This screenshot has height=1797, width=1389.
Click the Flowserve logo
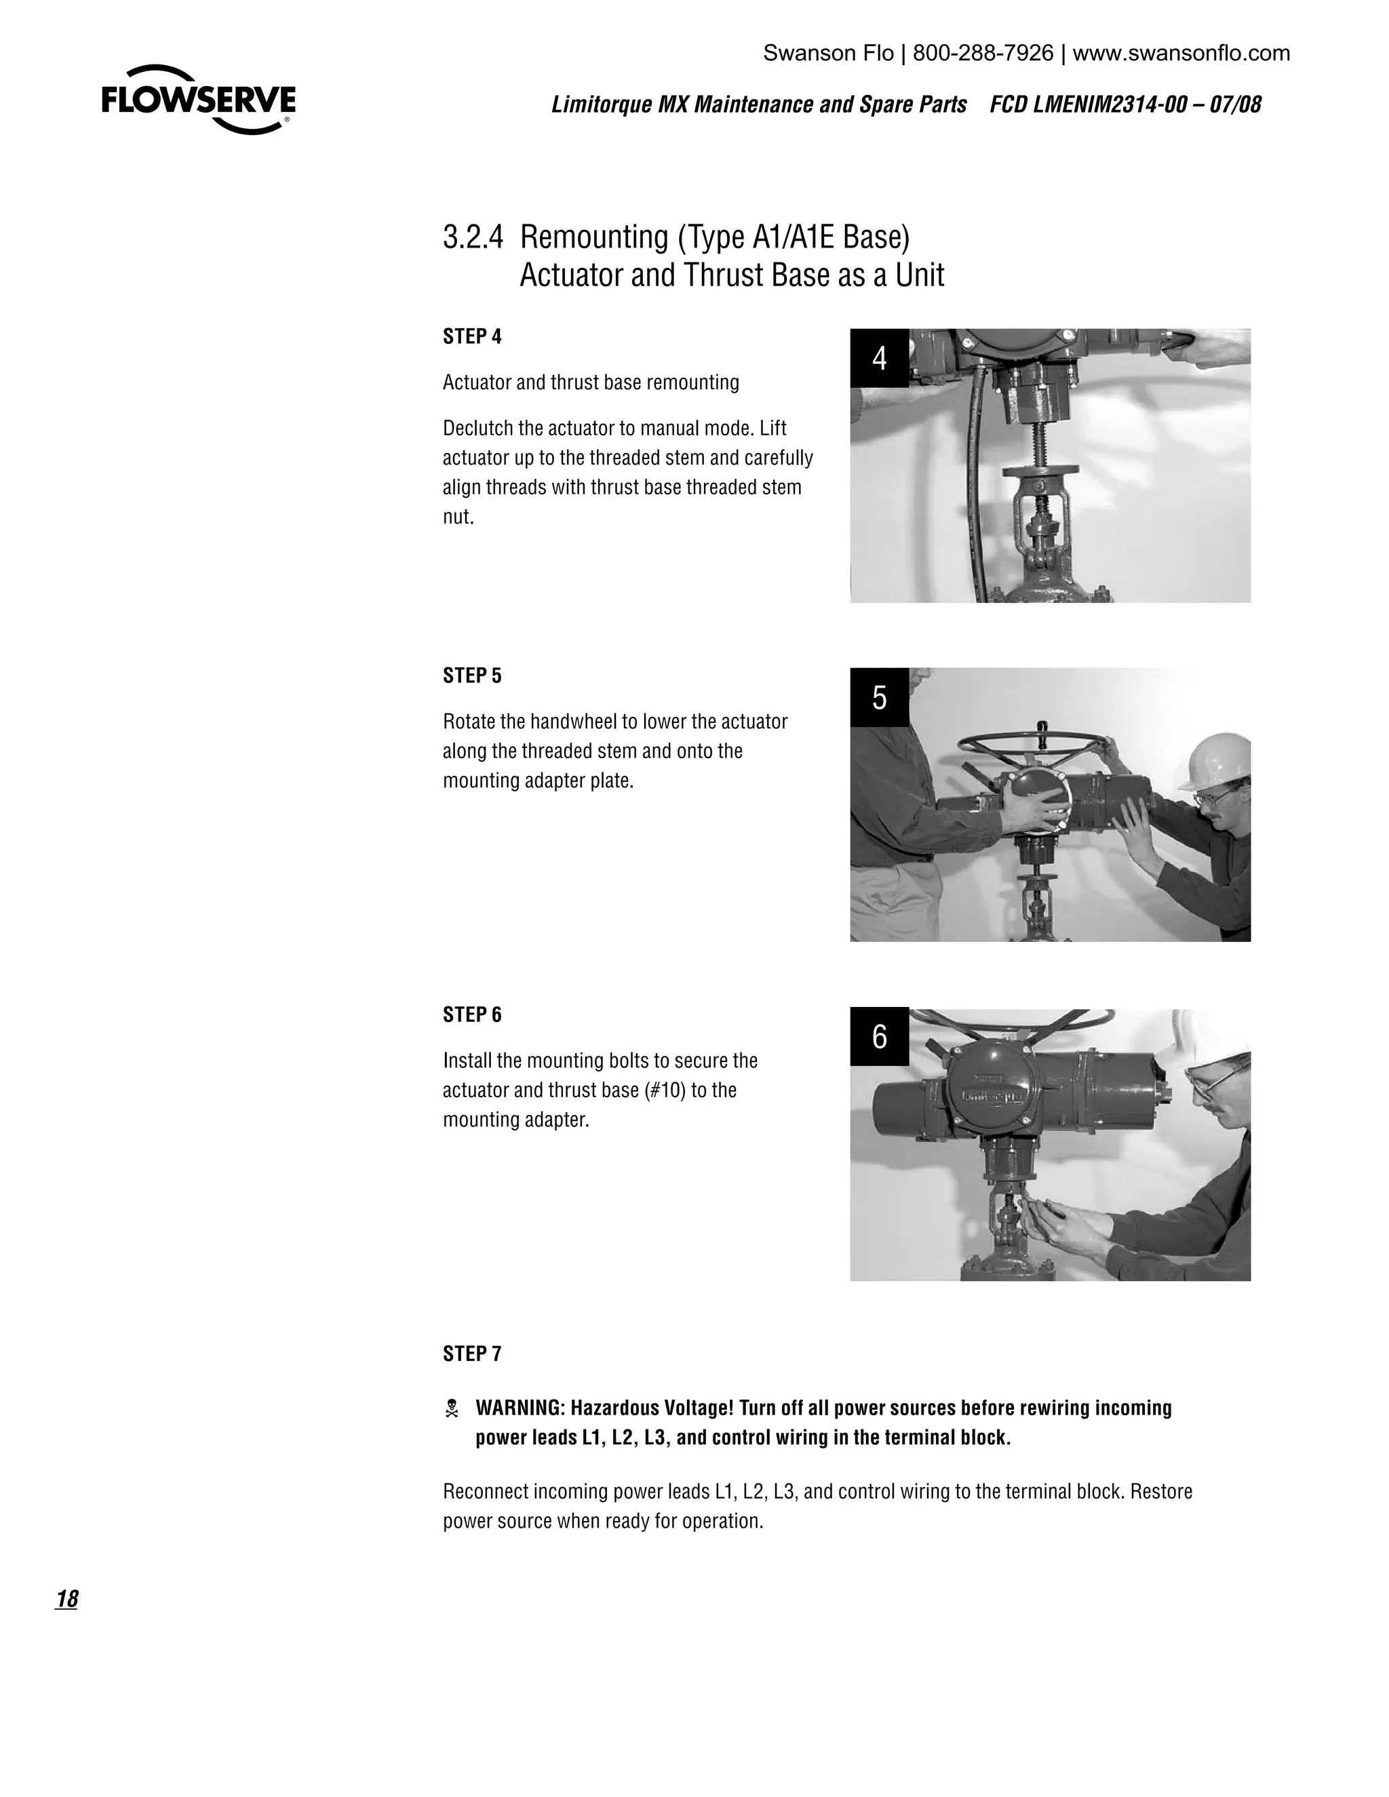tap(198, 100)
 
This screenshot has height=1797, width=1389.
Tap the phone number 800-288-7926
tap(983, 54)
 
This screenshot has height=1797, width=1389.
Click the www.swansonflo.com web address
tap(1181, 54)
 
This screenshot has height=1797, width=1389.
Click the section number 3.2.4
tap(472, 237)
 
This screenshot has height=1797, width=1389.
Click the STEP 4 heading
tap(471, 336)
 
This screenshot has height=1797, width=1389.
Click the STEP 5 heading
tap(471, 675)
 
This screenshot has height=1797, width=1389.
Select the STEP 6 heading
tap(471, 1014)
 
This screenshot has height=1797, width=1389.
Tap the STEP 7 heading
tap(471, 1354)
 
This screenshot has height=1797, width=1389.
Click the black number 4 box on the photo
tap(879, 358)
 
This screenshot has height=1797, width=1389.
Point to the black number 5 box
tap(879, 697)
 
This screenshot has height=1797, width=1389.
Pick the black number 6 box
tap(879, 1036)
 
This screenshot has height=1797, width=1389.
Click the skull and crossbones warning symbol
tap(452, 1408)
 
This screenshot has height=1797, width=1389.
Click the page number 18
tap(66, 1599)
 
